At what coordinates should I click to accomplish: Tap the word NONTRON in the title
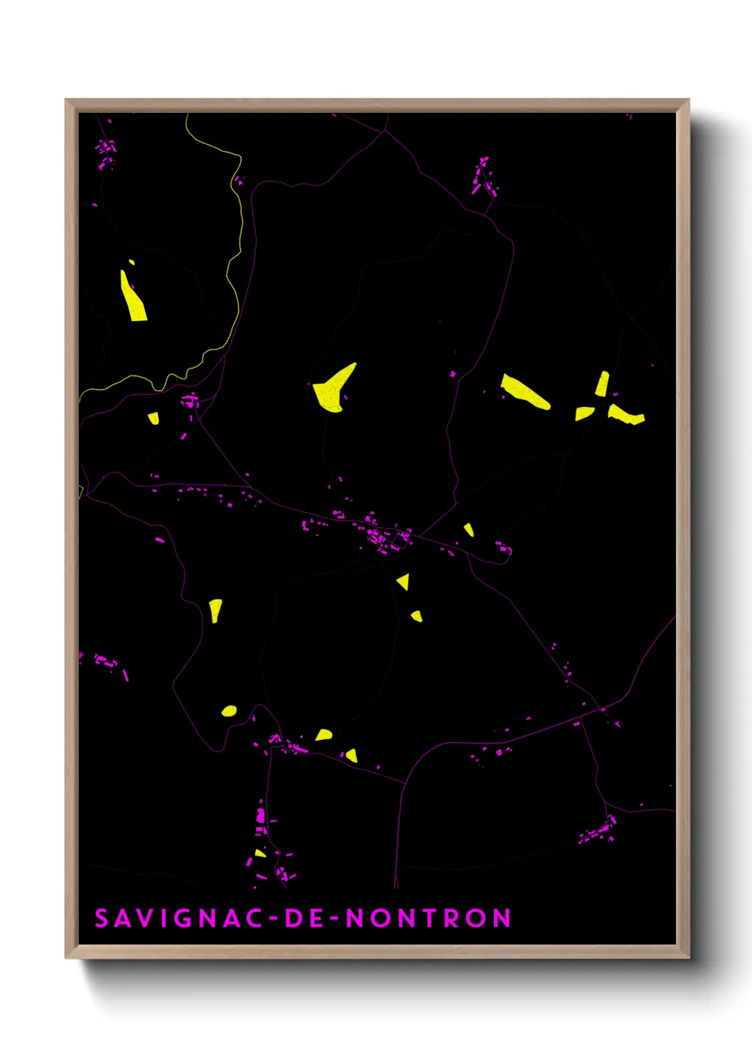tap(428, 918)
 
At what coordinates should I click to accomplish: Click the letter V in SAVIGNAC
tap(141, 918)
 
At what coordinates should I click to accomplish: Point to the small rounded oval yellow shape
tap(228, 711)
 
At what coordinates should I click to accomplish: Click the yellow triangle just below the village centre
tap(403, 582)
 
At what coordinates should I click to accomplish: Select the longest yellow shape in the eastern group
tap(525, 392)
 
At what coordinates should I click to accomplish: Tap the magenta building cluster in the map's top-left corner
tap(107, 153)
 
